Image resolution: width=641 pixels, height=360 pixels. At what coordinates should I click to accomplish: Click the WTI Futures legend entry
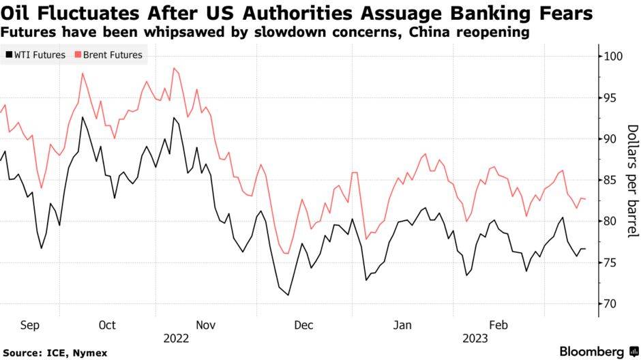click(39, 55)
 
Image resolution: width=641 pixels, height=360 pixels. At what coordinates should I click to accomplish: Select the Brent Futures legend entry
click(113, 55)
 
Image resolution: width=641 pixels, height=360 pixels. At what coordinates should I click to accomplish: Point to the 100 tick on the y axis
click(614, 56)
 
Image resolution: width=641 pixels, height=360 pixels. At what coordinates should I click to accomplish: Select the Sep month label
click(30, 325)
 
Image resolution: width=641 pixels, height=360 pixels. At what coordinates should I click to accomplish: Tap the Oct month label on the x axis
click(107, 325)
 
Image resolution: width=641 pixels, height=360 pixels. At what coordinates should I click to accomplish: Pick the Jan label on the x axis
click(403, 325)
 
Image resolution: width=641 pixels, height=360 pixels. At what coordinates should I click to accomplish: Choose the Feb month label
click(498, 325)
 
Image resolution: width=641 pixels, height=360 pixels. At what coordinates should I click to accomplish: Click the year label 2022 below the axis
click(176, 337)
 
